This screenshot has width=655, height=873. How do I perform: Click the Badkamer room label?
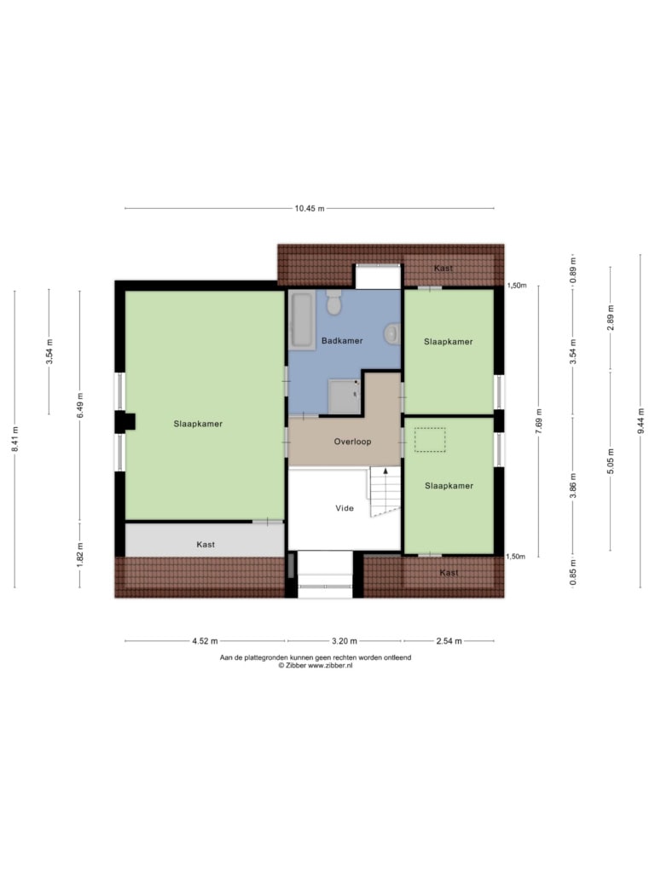pyautogui.click(x=342, y=341)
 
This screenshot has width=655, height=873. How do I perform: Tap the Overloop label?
pyautogui.click(x=352, y=442)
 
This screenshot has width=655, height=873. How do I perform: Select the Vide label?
pyautogui.click(x=345, y=508)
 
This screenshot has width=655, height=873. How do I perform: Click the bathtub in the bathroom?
pyautogui.click(x=302, y=320)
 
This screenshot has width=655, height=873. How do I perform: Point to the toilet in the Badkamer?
pyautogui.click(x=333, y=302)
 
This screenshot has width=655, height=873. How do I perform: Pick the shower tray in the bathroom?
pyautogui.click(x=345, y=396)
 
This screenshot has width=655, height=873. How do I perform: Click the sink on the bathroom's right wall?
pyautogui.click(x=392, y=333)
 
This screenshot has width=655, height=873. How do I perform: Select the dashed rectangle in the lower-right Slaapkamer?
pyautogui.click(x=430, y=439)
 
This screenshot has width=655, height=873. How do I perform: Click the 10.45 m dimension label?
pyautogui.click(x=309, y=209)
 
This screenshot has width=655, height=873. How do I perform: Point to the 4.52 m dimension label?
pyautogui.click(x=205, y=641)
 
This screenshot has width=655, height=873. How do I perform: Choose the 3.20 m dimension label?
pyautogui.click(x=345, y=641)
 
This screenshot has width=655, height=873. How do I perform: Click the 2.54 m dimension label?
pyautogui.click(x=449, y=641)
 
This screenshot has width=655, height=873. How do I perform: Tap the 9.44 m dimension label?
pyautogui.click(x=641, y=420)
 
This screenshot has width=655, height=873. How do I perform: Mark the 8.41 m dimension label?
pyautogui.click(x=15, y=439)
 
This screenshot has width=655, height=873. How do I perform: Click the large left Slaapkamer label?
pyautogui.click(x=198, y=424)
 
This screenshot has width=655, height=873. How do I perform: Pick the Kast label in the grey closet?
pyautogui.click(x=206, y=545)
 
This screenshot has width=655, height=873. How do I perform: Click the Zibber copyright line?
pyautogui.click(x=316, y=665)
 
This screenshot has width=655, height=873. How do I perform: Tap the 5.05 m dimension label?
pyautogui.click(x=611, y=461)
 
